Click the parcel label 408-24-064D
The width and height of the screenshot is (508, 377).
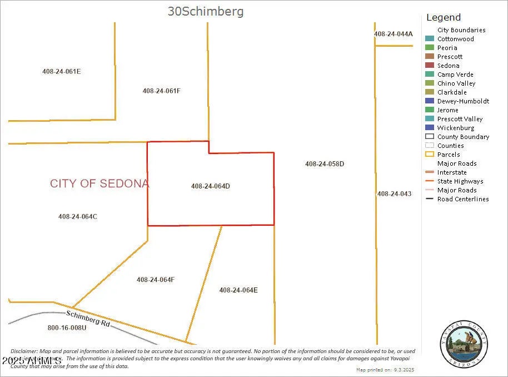point(210,186)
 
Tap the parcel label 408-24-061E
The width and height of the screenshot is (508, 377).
point(62,71)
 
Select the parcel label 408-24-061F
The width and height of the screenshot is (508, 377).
point(161,91)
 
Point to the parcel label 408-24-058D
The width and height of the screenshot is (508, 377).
point(325,164)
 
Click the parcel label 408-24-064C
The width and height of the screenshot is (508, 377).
point(78,216)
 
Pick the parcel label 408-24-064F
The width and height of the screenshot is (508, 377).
point(156,280)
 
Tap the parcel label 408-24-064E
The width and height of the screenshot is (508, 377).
point(238,290)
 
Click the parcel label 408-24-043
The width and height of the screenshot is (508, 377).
point(394,194)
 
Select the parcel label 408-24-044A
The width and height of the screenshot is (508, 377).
point(393,34)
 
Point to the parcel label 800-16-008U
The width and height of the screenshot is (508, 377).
point(67,328)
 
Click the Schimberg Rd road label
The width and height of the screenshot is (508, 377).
point(88,318)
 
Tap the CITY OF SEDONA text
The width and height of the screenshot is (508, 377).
point(99,183)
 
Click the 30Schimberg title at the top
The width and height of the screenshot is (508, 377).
point(206,11)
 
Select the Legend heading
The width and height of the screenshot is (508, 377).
point(443,17)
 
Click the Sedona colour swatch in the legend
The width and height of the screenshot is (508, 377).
point(429,66)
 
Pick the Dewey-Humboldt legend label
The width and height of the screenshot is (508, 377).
point(463,101)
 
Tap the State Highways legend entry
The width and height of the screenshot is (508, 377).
point(460,181)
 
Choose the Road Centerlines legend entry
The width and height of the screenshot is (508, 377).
point(462,199)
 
